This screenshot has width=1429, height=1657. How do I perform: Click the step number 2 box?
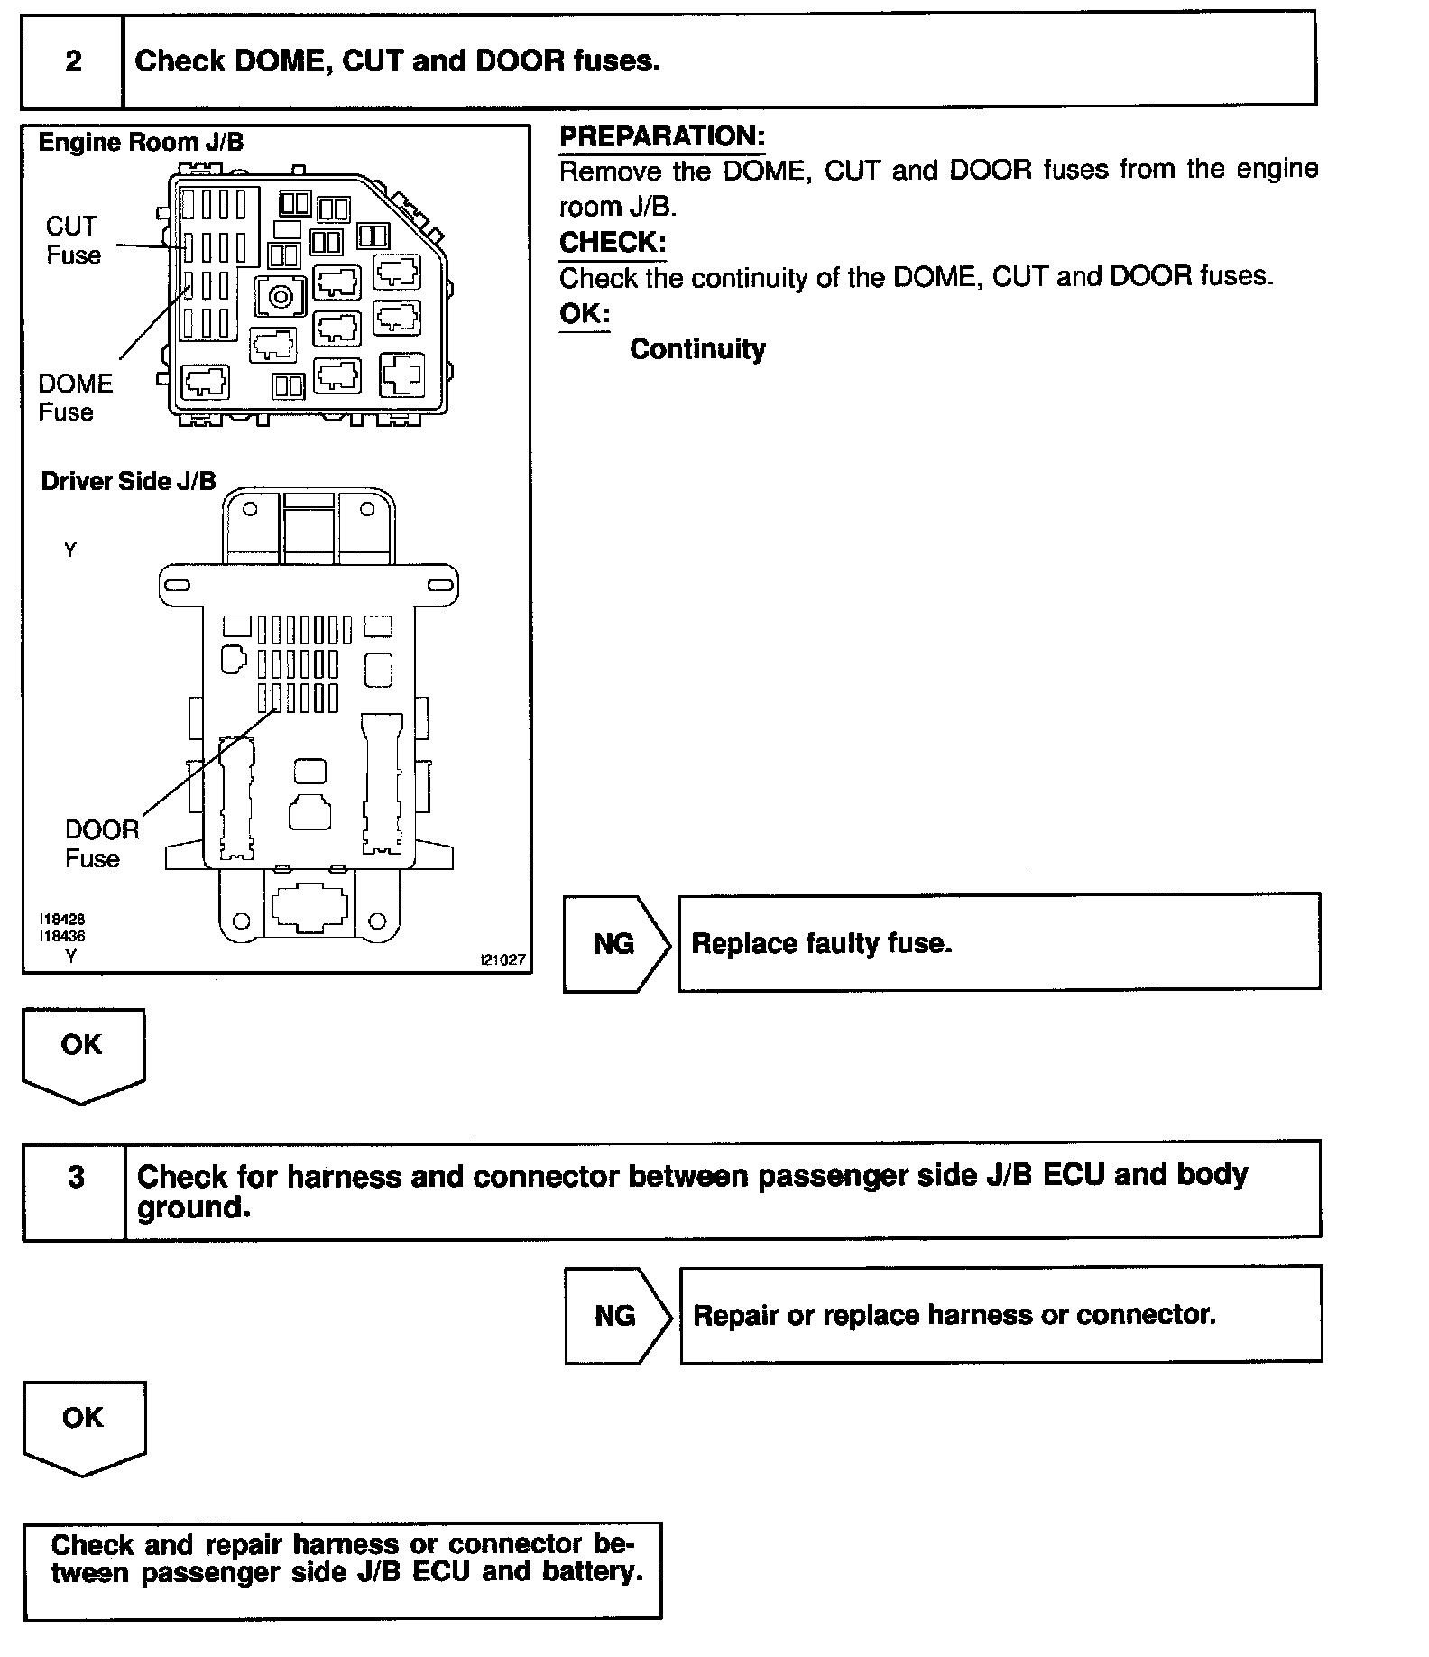coord(73,61)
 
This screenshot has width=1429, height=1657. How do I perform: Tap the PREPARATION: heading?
coord(661,136)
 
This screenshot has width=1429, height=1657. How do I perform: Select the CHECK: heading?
coord(613,243)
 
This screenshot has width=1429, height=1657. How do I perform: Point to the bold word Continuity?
coord(697,349)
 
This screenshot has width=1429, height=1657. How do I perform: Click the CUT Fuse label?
coord(73,240)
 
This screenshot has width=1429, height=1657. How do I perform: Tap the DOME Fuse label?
coord(75,398)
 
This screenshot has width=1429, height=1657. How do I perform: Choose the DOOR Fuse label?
coord(101,844)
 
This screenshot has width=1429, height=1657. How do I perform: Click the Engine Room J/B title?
coord(141,143)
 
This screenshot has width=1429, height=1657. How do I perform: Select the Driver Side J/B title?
coord(129,481)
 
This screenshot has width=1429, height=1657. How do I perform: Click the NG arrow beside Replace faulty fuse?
coord(616,944)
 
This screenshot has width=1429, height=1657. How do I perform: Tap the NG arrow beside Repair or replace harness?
coord(617,1316)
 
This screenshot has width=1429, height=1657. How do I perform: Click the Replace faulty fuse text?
coord(821,944)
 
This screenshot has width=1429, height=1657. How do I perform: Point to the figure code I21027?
coord(502,959)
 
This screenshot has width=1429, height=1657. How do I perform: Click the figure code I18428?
coord(62,919)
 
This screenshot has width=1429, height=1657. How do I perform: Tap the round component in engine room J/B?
coord(281,295)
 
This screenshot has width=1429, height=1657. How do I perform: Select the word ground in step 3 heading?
coord(192,1208)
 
